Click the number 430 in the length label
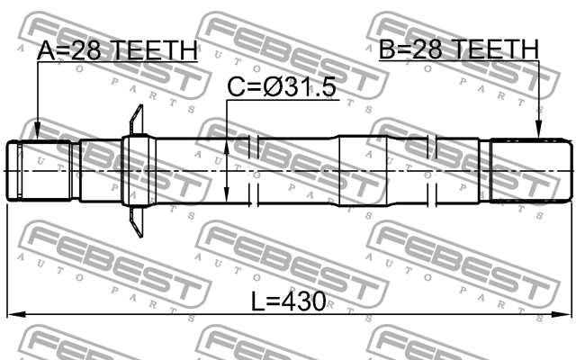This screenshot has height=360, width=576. (x=299, y=299)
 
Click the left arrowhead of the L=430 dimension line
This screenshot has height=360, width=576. (x=13, y=314)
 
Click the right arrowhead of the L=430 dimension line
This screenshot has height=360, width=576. (x=565, y=314)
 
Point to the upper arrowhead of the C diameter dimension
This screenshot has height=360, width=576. (x=227, y=142)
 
